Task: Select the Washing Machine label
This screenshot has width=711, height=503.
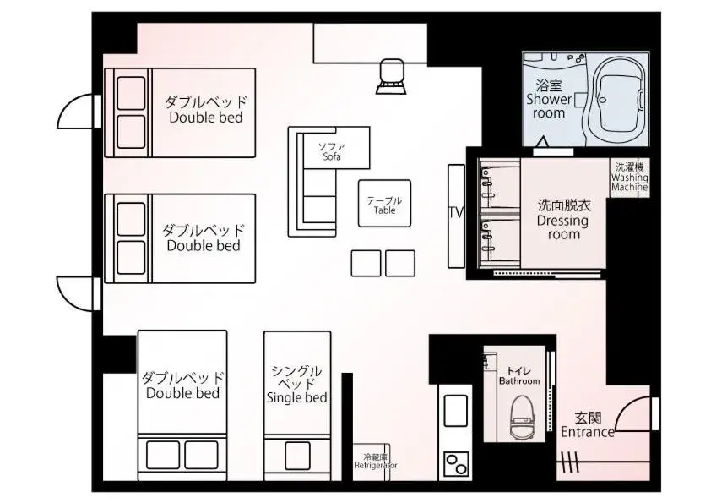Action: (x=630, y=178)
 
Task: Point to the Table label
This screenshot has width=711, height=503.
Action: (x=384, y=205)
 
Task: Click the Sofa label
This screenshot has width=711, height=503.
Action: (x=331, y=152)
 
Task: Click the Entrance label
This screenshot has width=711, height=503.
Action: (x=588, y=424)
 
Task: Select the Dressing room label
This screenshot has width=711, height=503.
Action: (x=562, y=219)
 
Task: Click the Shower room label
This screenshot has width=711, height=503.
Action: (x=549, y=99)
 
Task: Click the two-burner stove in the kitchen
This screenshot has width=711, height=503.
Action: (x=456, y=464)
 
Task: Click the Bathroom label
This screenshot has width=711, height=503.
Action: (x=518, y=376)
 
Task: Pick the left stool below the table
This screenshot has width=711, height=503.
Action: (x=366, y=263)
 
